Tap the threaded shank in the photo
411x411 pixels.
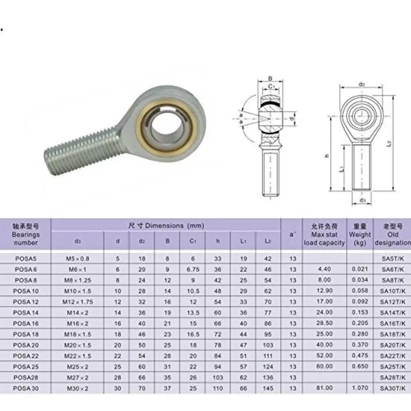(x=78, y=148)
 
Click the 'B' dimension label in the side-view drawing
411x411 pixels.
(x=270, y=79)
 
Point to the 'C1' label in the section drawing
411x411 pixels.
(x=271, y=86)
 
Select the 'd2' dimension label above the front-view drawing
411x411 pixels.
(x=362, y=84)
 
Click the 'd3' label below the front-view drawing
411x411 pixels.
(x=362, y=201)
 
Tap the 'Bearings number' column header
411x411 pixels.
(x=25, y=235)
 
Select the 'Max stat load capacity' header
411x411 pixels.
(x=324, y=235)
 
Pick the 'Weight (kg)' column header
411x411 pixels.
(x=360, y=235)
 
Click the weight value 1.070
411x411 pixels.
(x=360, y=388)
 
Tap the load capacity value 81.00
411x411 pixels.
(x=324, y=388)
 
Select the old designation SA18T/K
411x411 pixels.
(x=392, y=334)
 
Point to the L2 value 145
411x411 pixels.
(x=268, y=388)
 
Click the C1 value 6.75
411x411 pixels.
(x=192, y=269)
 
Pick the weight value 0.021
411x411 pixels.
(x=360, y=269)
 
